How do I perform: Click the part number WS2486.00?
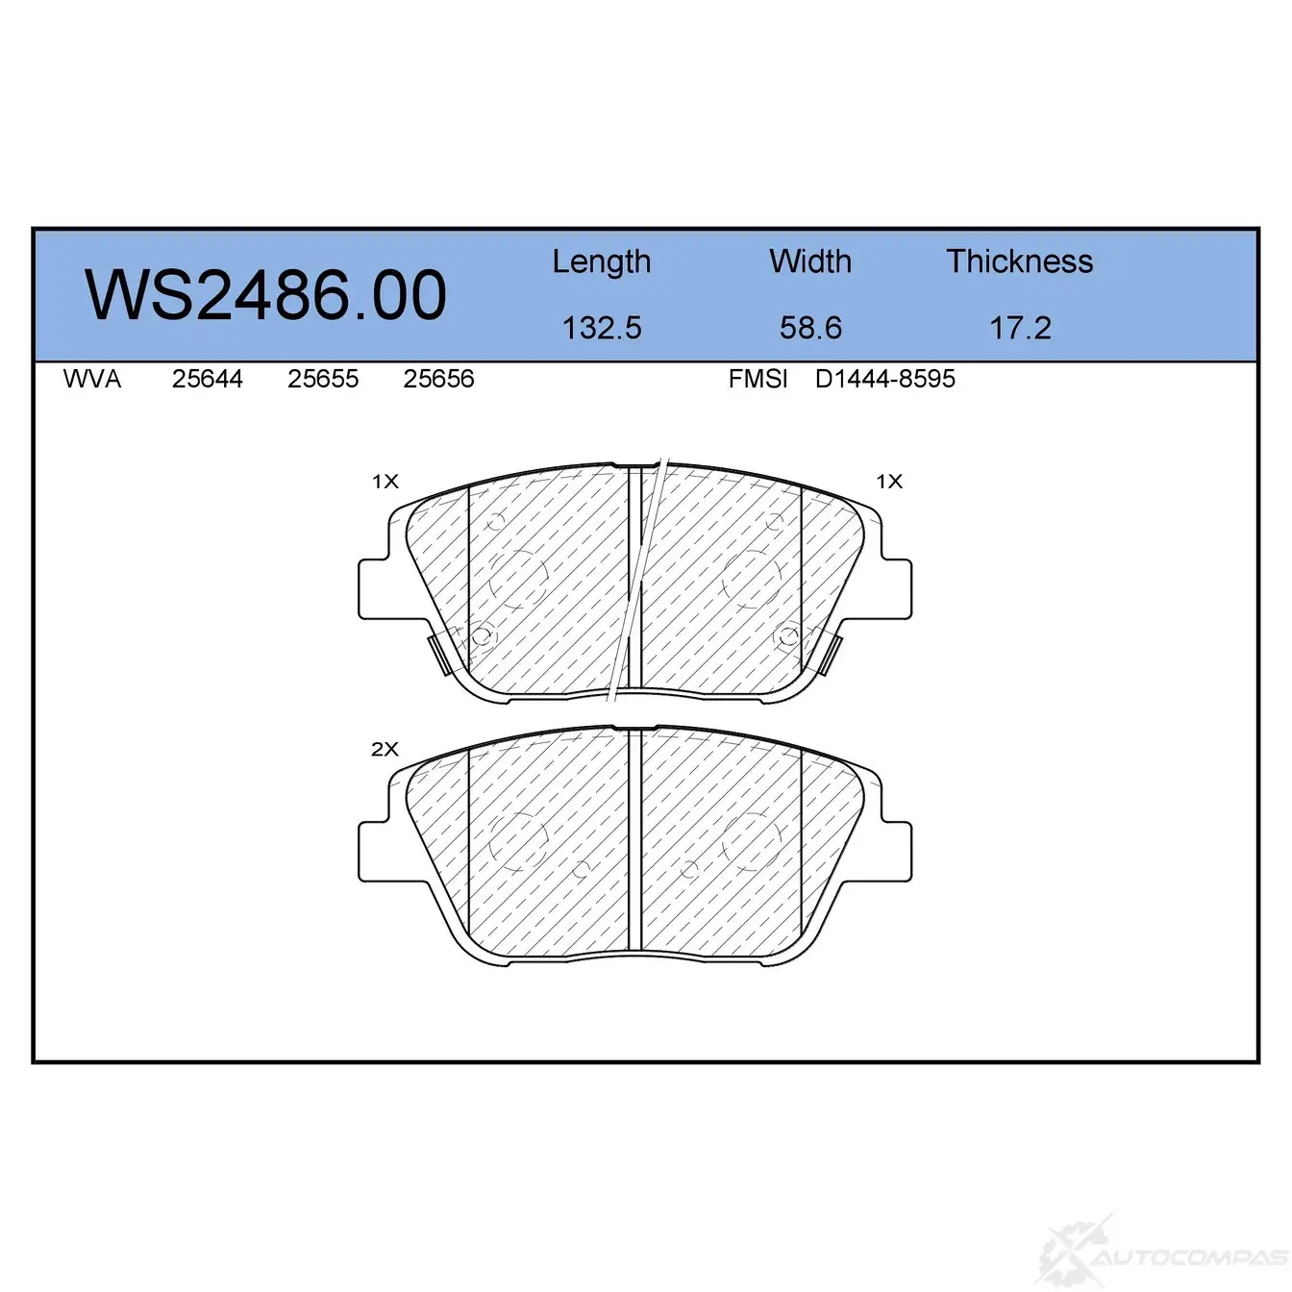tap(265, 295)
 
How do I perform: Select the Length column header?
tap(602, 262)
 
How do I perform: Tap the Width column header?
tap(810, 261)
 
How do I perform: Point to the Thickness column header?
tap(1019, 261)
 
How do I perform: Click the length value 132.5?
tap(602, 328)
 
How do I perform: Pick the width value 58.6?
tap(810, 328)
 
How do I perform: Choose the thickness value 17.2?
tap(1020, 328)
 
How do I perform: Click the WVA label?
tap(92, 379)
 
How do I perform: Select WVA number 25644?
tap(208, 379)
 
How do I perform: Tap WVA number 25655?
tap(323, 379)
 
